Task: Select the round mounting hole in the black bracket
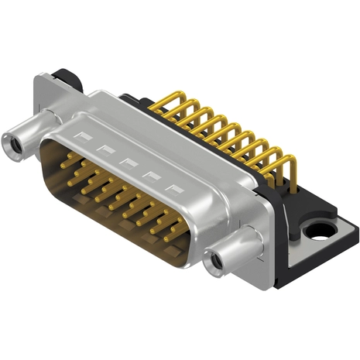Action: (318, 230)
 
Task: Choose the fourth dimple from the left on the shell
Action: (151, 175)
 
